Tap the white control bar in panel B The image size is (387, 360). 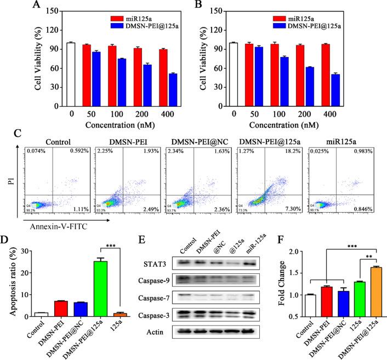[x=234, y=77]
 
